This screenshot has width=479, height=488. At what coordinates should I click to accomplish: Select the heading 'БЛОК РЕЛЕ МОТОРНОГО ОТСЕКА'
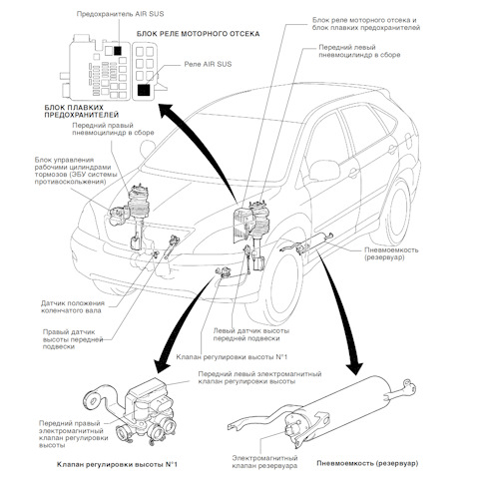pos(197,33)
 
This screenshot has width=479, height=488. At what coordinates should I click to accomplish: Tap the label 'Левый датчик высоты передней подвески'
pos(252,334)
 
